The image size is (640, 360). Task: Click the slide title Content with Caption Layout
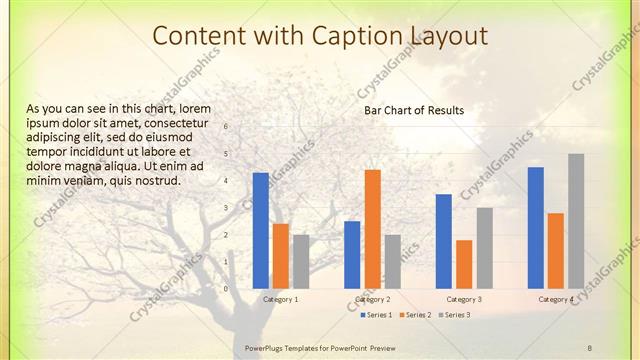[x=320, y=36]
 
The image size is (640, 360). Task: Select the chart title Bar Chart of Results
[x=414, y=110]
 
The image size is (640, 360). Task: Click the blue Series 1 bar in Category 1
[x=261, y=230]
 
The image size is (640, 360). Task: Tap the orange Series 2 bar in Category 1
[x=281, y=256]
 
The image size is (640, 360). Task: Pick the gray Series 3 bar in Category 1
[x=301, y=261]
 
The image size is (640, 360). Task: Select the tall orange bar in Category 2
[x=372, y=228]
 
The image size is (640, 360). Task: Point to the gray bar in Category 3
[x=484, y=247]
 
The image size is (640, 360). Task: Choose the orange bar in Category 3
[x=464, y=264]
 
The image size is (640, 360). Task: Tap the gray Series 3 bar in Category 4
[x=576, y=220]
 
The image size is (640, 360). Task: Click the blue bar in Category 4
[x=536, y=227]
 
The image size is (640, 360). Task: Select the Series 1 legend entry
[x=376, y=315]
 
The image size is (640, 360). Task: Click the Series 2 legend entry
[x=415, y=315]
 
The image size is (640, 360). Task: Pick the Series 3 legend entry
[x=454, y=315]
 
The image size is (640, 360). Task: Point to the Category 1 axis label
[x=281, y=299]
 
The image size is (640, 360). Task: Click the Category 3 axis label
[x=464, y=299]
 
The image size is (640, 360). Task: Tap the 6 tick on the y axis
[x=227, y=127]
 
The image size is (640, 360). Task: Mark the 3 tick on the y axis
[x=227, y=208]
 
